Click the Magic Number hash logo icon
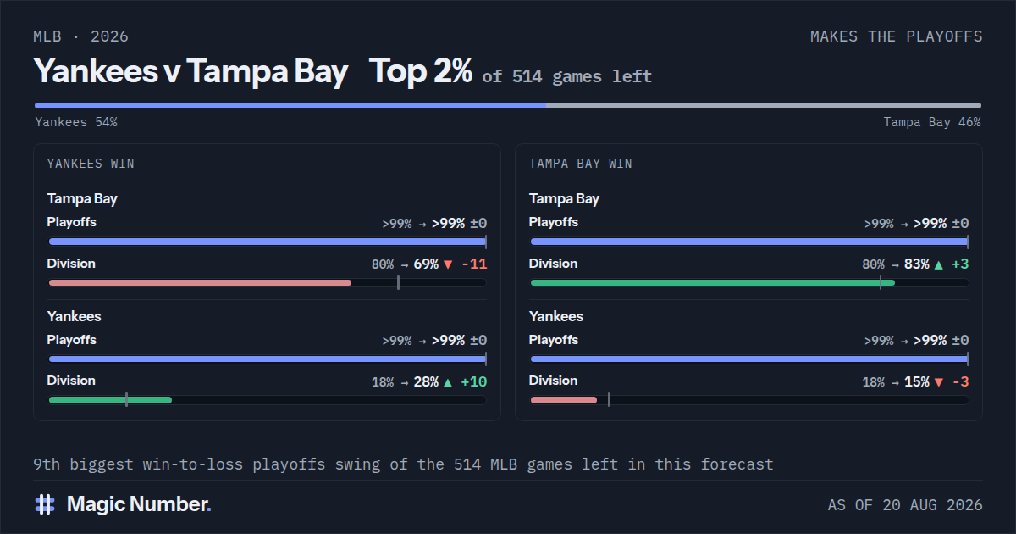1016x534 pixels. (x=45, y=504)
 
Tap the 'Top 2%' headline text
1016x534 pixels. (x=421, y=71)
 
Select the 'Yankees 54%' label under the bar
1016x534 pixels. (x=76, y=122)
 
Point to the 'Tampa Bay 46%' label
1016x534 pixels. (x=932, y=122)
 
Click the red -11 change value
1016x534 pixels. (x=474, y=264)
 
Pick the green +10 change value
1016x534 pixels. (x=474, y=382)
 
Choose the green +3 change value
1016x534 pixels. (x=960, y=264)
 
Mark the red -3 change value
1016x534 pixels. (x=961, y=382)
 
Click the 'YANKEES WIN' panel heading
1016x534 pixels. (x=91, y=164)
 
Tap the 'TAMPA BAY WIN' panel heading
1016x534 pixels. (x=581, y=164)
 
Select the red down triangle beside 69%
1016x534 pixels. (x=448, y=264)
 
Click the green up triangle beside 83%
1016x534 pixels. (x=939, y=264)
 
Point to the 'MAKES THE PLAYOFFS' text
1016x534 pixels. (x=897, y=36)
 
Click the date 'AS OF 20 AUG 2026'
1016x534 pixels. (x=905, y=505)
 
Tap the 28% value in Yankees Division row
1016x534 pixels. (x=426, y=382)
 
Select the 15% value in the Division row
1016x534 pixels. (x=917, y=382)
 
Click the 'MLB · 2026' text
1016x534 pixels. (x=80, y=36)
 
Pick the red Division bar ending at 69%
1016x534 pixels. (x=200, y=283)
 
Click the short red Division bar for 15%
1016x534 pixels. (x=564, y=400)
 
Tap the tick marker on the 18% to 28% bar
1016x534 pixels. (x=126, y=400)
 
